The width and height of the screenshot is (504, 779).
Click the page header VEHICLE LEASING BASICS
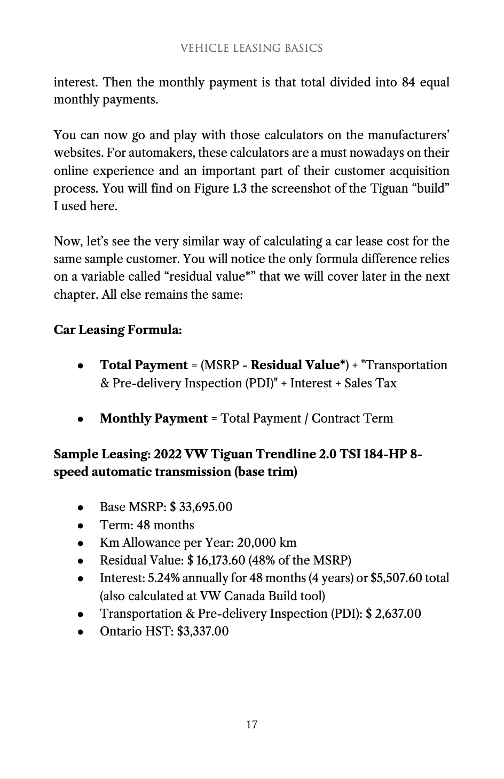(x=251, y=48)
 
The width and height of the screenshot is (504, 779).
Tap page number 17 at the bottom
(x=251, y=724)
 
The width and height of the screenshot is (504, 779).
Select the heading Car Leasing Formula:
(x=117, y=330)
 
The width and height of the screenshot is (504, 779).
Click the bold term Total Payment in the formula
(x=144, y=365)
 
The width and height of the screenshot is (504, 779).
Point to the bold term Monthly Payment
(x=153, y=418)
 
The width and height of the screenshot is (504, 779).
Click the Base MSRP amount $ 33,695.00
(x=201, y=507)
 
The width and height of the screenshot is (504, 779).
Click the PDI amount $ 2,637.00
(x=393, y=614)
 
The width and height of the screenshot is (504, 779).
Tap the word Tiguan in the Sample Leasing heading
(x=232, y=454)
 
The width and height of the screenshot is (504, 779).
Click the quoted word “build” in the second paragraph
(x=430, y=188)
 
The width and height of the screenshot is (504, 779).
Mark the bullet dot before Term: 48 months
(x=80, y=526)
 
